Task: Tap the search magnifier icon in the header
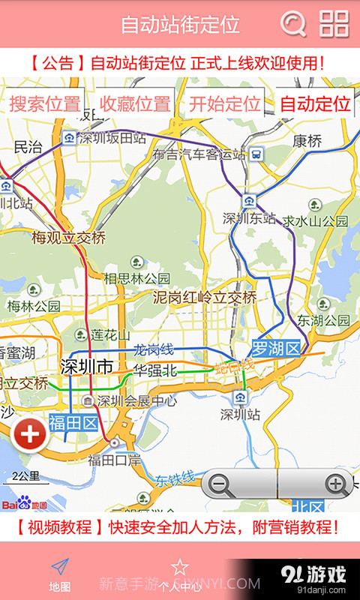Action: [x=293, y=24]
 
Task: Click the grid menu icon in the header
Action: [x=334, y=24]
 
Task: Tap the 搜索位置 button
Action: [x=45, y=103]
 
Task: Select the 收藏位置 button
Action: [x=135, y=103]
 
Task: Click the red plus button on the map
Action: [x=30, y=436]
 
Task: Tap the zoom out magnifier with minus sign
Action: [x=220, y=484]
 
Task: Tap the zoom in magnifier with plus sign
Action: [x=335, y=484]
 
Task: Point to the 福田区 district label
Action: [x=73, y=424]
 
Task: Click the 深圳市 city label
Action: [x=85, y=367]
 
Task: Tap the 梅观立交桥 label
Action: [x=68, y=238]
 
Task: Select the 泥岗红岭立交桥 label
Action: [x=205, y=297]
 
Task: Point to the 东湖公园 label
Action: [x=324, y=320]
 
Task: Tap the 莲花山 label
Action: [x=109, y=334]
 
